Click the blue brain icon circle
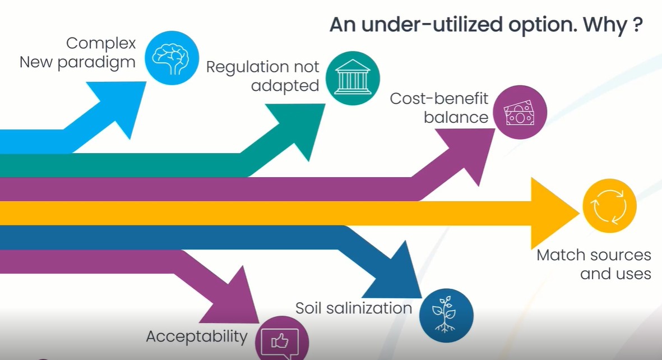172,58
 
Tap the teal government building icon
353,79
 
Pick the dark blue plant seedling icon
446,315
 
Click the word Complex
101,43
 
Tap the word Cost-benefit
439,99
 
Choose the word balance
456,117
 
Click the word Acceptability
196,336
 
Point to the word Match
562,255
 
